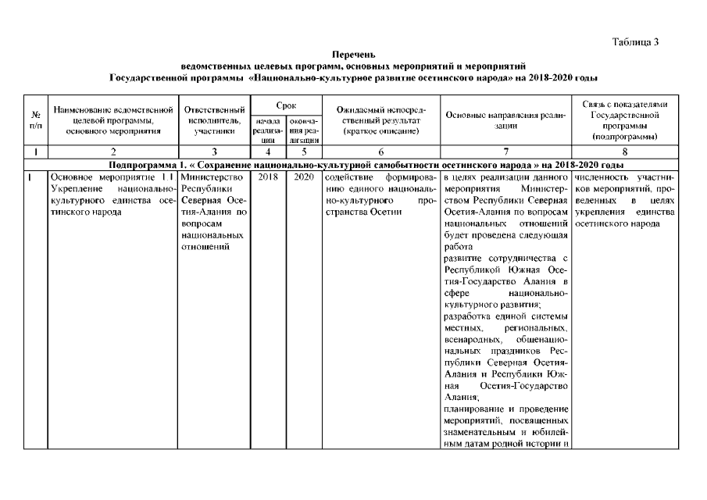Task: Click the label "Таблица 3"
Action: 636,41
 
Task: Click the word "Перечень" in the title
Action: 353,55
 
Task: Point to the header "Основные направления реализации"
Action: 505,120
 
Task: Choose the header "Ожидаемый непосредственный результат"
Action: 378,120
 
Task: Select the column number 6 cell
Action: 380,152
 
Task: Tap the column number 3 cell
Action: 215,152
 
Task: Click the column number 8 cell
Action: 625,152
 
